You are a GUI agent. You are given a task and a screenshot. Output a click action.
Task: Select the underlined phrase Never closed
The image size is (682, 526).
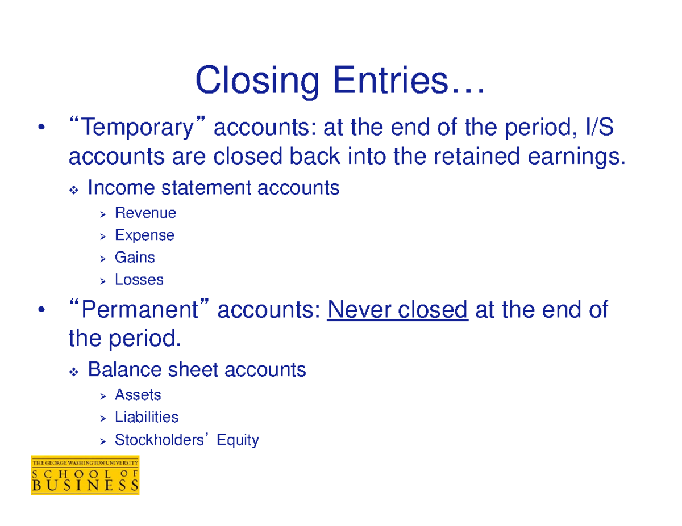click(x=397, y=310)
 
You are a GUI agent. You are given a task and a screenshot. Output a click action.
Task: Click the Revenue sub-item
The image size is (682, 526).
click(x=145, y=213)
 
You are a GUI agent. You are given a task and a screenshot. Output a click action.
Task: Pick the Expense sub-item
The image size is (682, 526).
click(x=144, y=235)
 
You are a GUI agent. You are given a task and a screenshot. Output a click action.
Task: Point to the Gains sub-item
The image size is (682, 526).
click(x=135, y=258)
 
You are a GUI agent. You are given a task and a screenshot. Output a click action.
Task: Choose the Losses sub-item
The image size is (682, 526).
click(x=139, y=280)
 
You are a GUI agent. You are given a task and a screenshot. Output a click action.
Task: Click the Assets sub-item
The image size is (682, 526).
click(x=138, y=395)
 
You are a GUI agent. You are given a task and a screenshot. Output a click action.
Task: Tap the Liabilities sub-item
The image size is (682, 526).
click(x=147, y=418)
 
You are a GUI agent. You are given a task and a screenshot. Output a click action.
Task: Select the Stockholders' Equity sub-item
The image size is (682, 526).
click(x=187, y=440)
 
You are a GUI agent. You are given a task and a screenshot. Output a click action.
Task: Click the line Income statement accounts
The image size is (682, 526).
click(x=214, y=188)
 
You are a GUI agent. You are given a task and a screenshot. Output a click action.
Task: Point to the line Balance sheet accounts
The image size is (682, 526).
click(x=197, y=371)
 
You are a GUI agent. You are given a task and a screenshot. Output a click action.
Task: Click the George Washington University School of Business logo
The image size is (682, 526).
click(x=85, y=475)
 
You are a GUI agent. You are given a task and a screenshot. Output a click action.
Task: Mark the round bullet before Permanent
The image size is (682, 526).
click(x=40, y=311)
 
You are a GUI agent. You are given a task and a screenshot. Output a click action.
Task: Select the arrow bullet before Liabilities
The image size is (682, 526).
click(x=103, y=419)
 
